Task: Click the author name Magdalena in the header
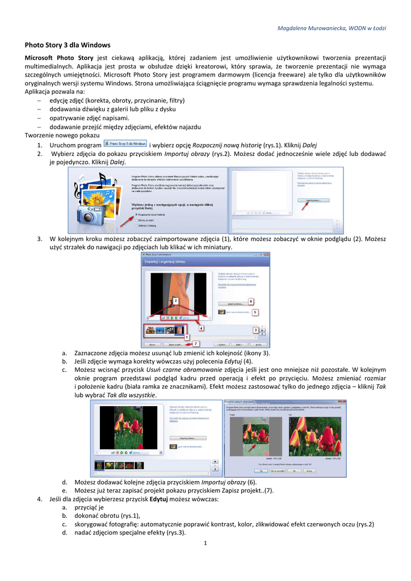point(301,28)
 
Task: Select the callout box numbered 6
point(250,301)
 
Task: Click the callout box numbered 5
point(255,312)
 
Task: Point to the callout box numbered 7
point(196,343)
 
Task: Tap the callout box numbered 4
point(201,328)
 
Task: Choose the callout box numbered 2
point(176,300)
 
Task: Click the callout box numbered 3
point(255,330)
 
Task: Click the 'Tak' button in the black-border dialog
point(261,470)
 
